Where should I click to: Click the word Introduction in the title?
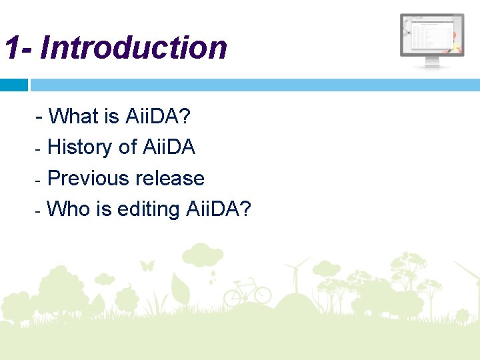pos(133,48)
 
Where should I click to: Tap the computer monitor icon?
pos(432,40)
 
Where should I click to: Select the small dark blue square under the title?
pos(13,85)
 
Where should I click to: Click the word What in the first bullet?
pos(73,116)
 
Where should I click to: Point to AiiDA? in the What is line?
pos(157,116)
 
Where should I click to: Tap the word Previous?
pos(89,178)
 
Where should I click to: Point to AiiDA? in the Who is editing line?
pos(219,209)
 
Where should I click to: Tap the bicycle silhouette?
pos(247,292)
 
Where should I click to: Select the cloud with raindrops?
pos(203,257)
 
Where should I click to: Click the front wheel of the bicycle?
pos(262,295)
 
